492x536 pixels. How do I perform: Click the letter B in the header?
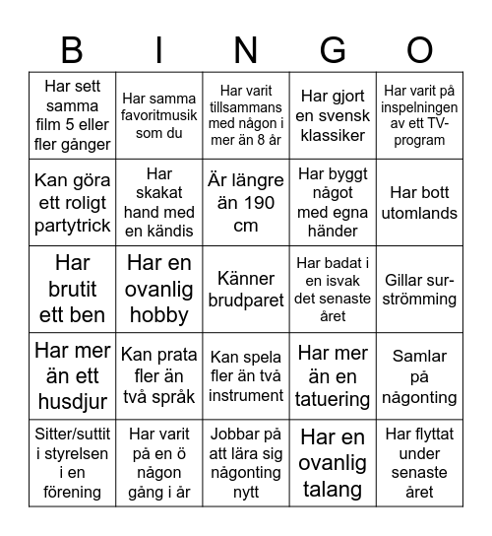[x=72, y=48]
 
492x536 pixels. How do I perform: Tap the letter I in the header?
[x=158, y=48]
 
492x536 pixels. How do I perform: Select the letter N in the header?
[x=246, y=48]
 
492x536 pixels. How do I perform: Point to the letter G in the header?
[x=333, y=48]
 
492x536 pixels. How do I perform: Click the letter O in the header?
[x=419, y=48]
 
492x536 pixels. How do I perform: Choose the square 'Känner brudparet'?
[x=246, y=289]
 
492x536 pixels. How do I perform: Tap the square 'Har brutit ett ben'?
[x=72, y=289]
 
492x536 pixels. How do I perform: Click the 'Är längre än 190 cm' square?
[x=246, y=203]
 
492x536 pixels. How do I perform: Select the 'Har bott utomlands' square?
[x=419, y=203]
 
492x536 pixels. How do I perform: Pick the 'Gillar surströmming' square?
[x=419, y=289]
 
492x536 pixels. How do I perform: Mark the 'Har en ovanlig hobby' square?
[x=158, y=289]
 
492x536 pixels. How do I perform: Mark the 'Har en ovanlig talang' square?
[x=333, y=462]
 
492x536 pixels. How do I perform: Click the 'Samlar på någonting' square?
[x=419, y=375]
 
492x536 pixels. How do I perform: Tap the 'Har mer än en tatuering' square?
[x=333, y=375]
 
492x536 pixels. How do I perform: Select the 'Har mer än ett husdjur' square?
[x=72, y=375]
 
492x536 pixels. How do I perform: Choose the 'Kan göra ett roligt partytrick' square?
[x=72, y=203]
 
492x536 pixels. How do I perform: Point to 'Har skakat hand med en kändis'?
[x=158, y=203]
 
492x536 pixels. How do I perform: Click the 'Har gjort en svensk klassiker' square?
[x=333, y=115]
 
